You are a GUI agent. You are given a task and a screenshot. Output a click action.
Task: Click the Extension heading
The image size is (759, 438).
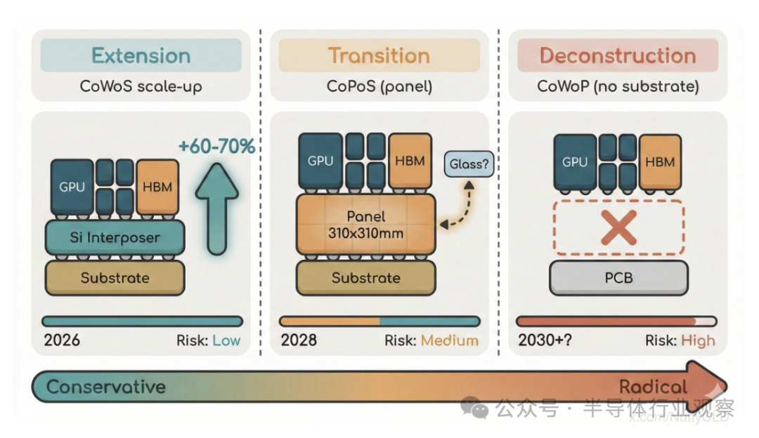pos(141,55)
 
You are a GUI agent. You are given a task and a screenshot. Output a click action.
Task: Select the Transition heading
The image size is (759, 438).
pos(379,55)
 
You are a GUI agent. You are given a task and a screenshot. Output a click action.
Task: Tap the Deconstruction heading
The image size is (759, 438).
pos(618,55)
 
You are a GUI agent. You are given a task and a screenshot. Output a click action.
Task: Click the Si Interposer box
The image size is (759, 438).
pos(115,238)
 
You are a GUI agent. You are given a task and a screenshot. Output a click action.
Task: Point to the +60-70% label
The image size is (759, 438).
pos(216,147)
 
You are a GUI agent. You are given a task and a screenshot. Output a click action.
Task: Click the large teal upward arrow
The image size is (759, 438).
pos(216,208)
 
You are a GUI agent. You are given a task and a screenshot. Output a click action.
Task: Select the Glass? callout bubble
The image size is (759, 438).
pos(469,166)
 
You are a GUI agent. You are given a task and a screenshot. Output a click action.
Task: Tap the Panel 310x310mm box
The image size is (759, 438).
pos(365,225)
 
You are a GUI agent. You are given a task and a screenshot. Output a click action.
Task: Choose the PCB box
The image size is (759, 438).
pos(618,277)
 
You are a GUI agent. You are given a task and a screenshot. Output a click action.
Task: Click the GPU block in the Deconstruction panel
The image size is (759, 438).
pos(575,162)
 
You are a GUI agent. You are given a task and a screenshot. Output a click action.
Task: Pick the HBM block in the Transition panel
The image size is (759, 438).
pos(410,161)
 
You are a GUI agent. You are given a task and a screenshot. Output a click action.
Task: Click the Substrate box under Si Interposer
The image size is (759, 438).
pos(115,278)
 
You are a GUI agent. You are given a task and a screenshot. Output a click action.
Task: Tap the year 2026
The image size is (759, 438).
pos(62,341)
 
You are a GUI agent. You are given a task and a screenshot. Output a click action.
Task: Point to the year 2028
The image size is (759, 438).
pos(299,341)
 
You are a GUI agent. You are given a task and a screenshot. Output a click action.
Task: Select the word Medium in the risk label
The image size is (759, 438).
pos(450,341)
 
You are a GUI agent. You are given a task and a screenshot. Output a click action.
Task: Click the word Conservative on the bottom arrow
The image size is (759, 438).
pos(106,387)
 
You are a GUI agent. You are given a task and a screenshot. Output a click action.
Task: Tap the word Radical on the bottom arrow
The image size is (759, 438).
pos(653,387)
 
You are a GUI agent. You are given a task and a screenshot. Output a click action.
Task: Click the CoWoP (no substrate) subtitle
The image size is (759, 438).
pos(618,87)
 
